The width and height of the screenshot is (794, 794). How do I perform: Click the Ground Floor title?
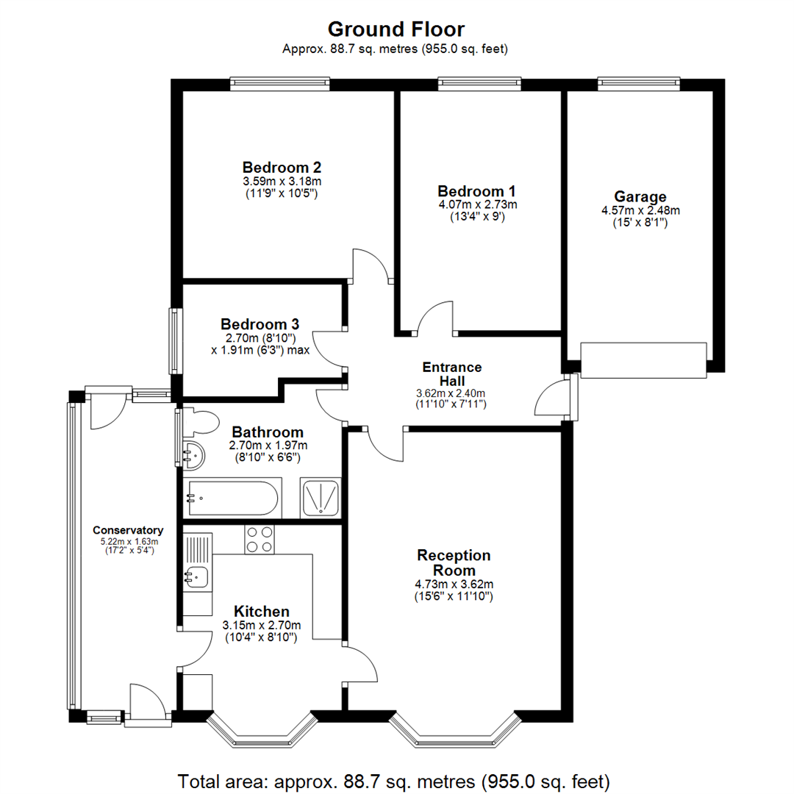click(x=396, y=29)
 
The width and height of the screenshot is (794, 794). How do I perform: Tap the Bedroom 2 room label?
click(x=282, y=167)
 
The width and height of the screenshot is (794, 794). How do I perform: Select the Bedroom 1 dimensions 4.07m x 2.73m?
click(x=477, y=204)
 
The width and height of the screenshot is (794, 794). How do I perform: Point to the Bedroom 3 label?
click(x=260, y=323)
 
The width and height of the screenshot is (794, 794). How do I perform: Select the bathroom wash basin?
click(x=194, y=456)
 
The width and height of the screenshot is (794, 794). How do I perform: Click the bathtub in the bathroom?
click(x=232, y=498)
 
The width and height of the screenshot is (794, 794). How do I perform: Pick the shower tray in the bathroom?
click(x=321, y=497)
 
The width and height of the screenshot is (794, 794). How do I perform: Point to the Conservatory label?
click(x=128, y=530)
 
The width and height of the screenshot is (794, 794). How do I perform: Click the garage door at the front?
click(x=643, y=360)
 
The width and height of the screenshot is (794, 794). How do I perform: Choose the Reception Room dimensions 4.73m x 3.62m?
click(x=454, y=584)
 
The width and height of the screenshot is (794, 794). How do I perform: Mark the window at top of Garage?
click(x=638, y=84)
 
